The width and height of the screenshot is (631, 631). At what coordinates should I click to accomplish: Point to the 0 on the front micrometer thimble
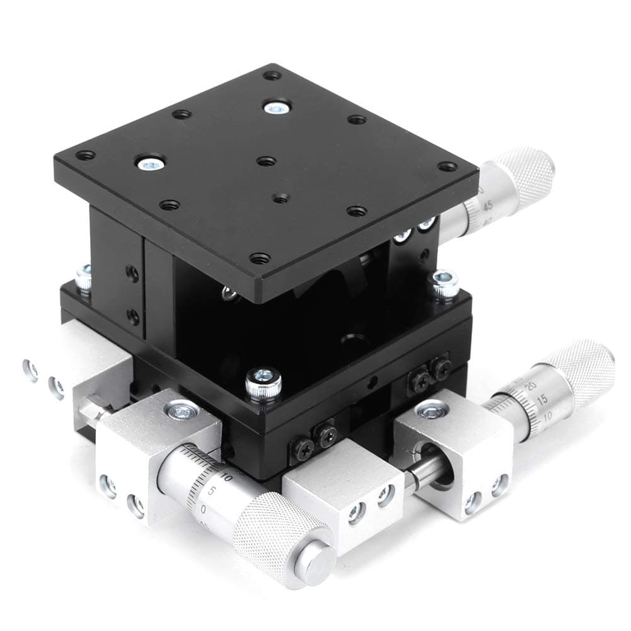(203, 507)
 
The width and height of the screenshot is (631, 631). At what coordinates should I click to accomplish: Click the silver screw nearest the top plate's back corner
(275, 108)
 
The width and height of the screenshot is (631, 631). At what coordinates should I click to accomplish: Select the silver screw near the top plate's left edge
(149, 164)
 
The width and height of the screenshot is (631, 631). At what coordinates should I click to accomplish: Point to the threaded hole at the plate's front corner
(259, 258)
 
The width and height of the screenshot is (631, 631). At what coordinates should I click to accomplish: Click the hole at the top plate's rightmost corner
(447, 167)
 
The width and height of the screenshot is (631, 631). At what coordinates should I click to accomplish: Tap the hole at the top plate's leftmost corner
(84, 154)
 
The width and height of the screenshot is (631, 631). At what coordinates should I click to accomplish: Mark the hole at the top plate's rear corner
(272, 75)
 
